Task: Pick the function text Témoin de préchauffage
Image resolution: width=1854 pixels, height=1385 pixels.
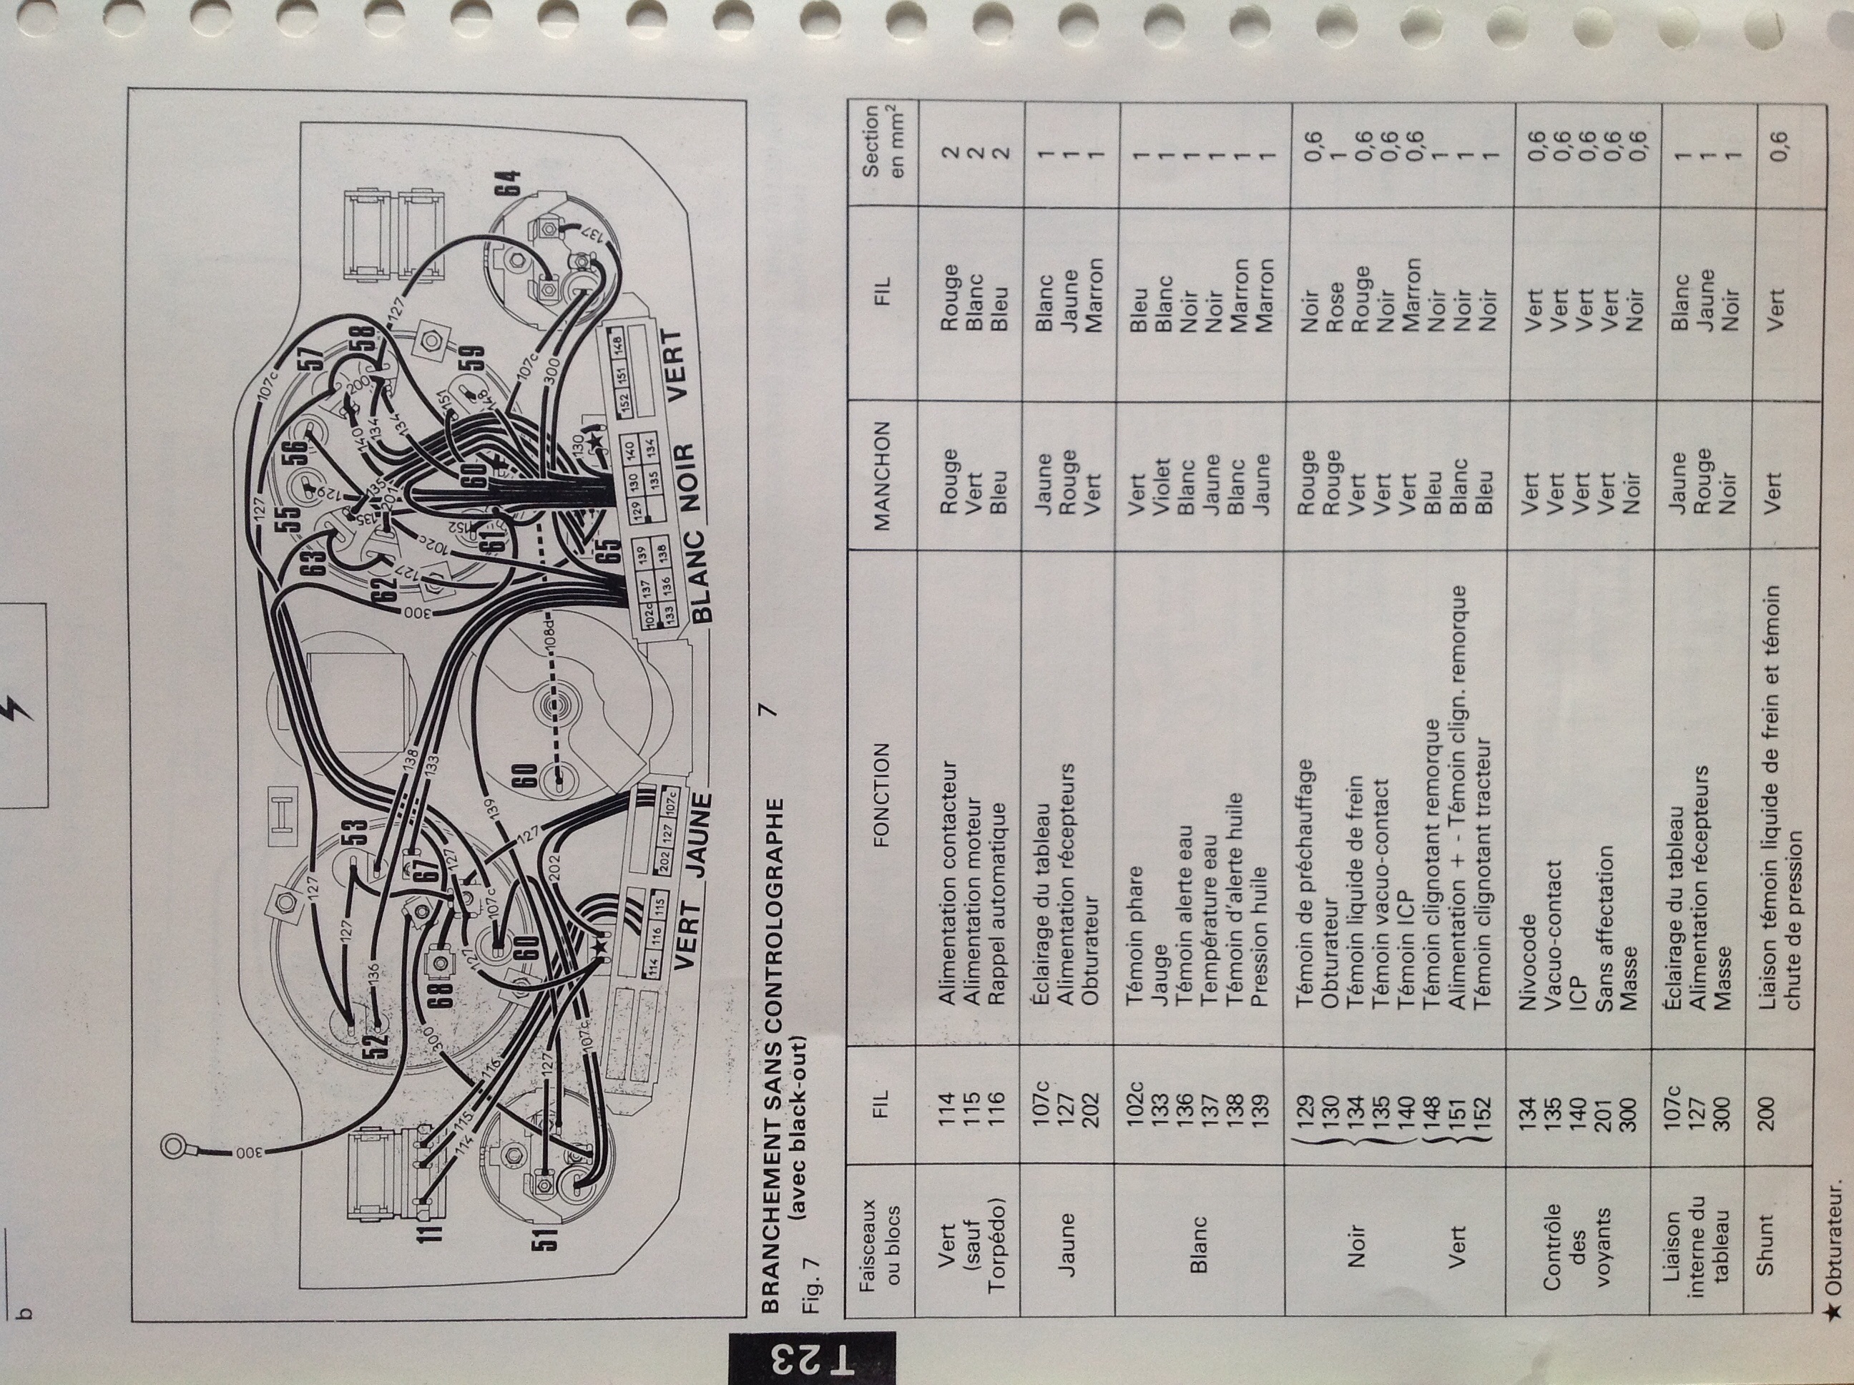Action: click(x=1303, y=882)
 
